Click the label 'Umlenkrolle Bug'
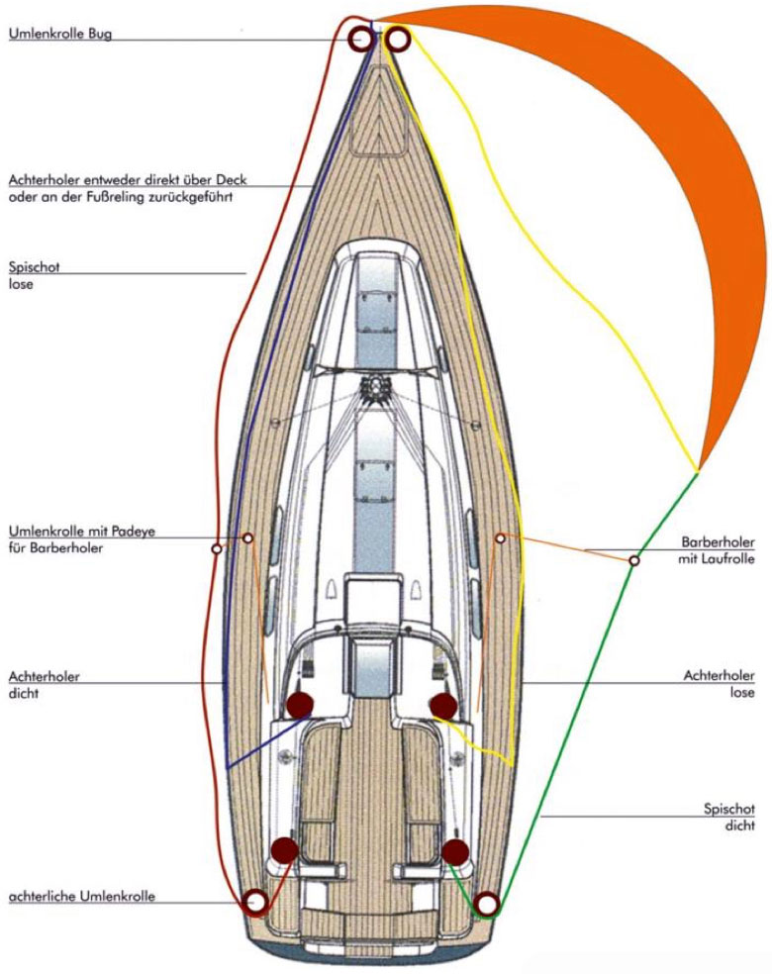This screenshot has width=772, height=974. (x=59, y=34)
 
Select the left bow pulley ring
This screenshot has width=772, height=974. (x=359, y=39)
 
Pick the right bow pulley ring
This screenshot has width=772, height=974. (x=398, y=39)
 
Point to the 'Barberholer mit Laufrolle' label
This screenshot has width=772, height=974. (x=718, y=550)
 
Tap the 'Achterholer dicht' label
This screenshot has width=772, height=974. (x=44, y=684)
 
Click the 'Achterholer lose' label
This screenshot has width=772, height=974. (x=719, y=684)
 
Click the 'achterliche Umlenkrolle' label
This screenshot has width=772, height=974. (x=81, y=897)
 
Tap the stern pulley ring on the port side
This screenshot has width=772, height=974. (x=255, y=901)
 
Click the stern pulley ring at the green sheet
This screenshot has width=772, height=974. (x=486, y=904)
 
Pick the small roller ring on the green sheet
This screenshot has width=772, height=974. (x=633, y=561)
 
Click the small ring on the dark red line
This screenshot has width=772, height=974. (x=216, y=547)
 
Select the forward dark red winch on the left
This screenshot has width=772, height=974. (x=300, y=705)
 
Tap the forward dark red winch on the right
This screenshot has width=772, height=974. (x=442, y=706)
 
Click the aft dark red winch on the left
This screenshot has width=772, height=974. (x=284, y=849)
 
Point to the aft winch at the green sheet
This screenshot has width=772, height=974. (x=455, y=851)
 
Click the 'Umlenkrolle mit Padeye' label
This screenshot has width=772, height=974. (x=81, y=532)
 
